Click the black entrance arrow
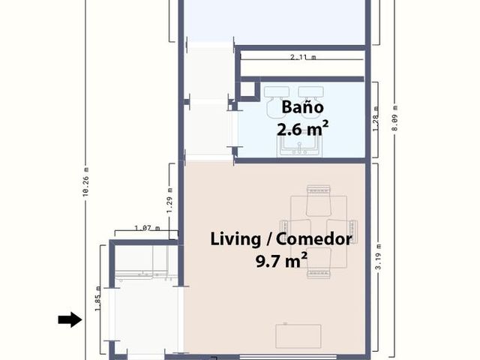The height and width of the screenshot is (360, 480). [70, 319]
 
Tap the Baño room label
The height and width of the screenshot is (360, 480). [302, 107]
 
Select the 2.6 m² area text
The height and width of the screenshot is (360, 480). [302, 128]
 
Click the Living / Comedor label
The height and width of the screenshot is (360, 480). [281, 238]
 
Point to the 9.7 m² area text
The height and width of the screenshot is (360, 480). [282, 261]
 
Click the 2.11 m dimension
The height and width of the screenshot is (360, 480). [303, 57]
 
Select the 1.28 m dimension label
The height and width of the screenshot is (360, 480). [376, 118]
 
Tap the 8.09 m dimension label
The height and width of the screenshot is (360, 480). [395, 118]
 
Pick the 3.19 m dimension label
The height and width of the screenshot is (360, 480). [378, 256]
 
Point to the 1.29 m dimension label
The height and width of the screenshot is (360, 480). [170, 200]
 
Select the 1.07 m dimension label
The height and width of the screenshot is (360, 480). [147, 228]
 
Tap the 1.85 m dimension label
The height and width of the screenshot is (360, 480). [97, 298]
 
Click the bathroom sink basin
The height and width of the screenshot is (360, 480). [300, 147]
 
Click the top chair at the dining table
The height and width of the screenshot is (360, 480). [319, 200]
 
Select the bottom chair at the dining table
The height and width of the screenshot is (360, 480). [319, 263]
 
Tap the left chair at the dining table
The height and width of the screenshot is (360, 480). [295, 232]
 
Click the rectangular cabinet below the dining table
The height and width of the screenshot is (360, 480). [298, 336]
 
